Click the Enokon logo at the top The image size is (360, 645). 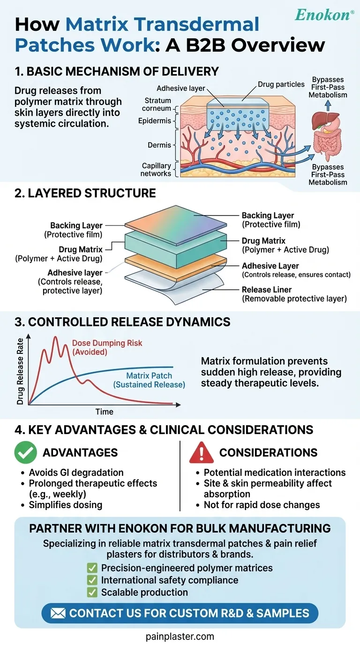tap(323, 15)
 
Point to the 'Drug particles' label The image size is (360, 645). tap(281, 84)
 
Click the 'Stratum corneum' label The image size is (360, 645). tap(157, 105)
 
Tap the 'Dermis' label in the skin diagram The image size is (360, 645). tap(159, 145)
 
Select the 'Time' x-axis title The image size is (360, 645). tap(104, 412)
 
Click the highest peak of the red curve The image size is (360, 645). tap(56, 337)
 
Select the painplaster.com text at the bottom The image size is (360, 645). tap(180, 636)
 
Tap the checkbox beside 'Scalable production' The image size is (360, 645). tap(92, 592)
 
